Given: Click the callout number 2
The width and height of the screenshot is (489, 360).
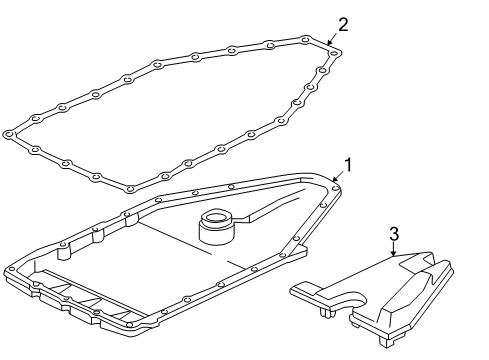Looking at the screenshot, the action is point(343,25).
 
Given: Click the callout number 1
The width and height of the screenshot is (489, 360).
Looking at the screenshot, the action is point(348,165).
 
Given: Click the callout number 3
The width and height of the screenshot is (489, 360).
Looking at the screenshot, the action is point(394,234).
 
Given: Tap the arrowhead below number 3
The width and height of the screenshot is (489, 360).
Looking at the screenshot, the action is point(394,254).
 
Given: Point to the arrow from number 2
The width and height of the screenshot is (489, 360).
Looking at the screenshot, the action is point(333,39).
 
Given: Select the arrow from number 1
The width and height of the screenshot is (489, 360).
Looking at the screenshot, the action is point(338,176).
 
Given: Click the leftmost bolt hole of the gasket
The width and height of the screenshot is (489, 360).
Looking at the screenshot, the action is point(9,135).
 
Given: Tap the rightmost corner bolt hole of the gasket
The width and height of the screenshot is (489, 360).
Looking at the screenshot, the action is point(334,53).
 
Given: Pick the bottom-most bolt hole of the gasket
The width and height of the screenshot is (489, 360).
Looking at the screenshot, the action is point(130,189).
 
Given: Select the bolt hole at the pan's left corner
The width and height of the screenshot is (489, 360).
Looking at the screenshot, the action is point(12,269).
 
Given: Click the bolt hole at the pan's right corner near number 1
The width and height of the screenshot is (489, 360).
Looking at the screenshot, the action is point(336,189).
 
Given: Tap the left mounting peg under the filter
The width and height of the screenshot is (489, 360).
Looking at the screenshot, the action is point(324,312).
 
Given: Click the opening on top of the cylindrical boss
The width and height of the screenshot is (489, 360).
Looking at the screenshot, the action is point(216,218).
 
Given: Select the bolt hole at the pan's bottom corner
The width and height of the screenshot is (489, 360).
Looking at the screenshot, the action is point(129,324).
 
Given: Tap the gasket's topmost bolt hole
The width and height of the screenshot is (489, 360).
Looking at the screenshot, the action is point(305,40).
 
